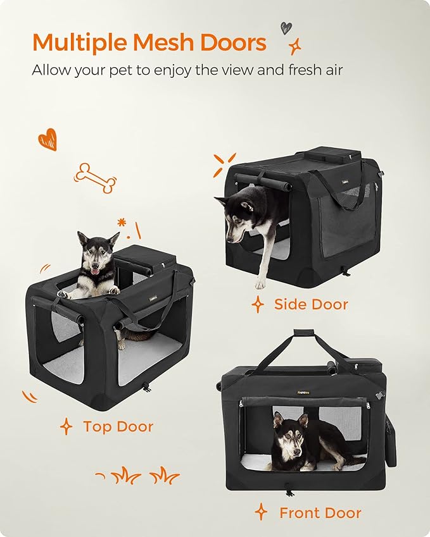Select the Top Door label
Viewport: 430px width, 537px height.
[118, 426]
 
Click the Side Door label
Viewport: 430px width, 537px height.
[310, 304]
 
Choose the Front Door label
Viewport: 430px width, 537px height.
[320, 513]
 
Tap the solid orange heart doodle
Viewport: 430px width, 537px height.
[47, 139]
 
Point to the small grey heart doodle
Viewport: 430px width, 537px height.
[286, 28]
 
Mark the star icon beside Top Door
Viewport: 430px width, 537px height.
[66, 427]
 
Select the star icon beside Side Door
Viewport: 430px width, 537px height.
[258, 305]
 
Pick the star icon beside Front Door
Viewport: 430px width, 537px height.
[261, 512]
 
